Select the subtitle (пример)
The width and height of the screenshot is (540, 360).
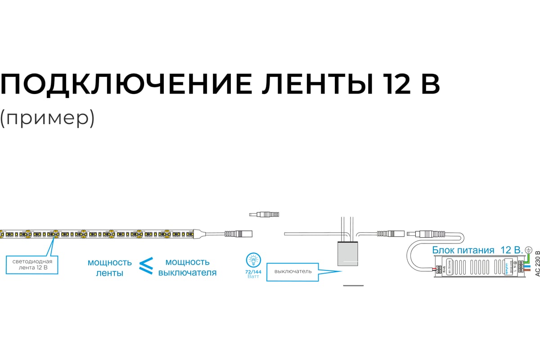(x=47, y=118)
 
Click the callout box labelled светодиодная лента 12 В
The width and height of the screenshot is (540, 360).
(x=32, y=264)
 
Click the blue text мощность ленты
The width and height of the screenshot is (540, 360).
(x=110, y=267)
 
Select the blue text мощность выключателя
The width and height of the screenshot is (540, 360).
(x=187, y=267)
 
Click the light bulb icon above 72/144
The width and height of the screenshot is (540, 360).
(x=253, y=260)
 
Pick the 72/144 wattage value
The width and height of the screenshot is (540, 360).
(x=253, y=272)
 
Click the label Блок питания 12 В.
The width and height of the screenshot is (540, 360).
(x=477, y=250)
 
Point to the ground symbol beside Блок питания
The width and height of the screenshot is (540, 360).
(x=529, y=249)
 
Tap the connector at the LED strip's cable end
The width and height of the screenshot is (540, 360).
(x=238, y=234)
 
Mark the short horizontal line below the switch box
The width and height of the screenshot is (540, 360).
(x=353, y=286)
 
